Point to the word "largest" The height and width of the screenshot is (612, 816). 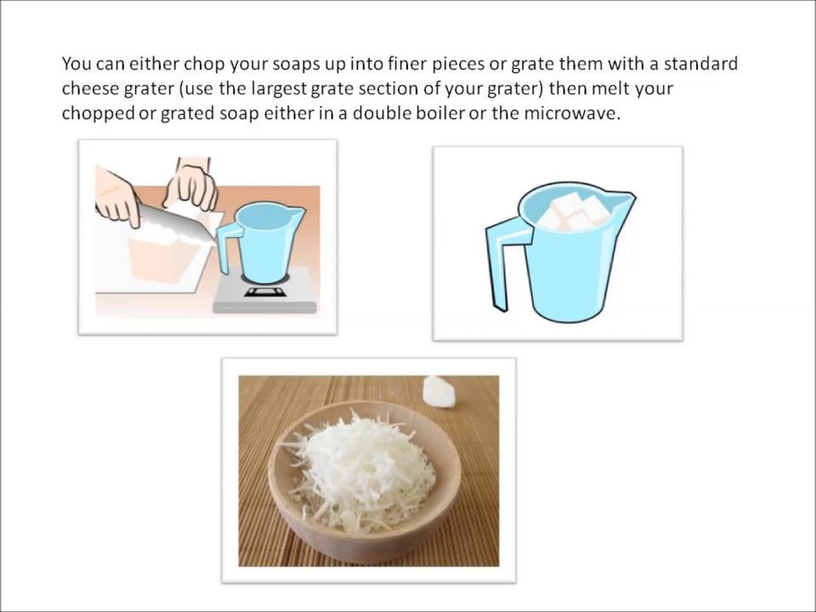(x=280, y=89)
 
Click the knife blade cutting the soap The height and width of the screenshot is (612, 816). (x=177, y=221)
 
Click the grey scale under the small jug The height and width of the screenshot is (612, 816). (x=265, y=293)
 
